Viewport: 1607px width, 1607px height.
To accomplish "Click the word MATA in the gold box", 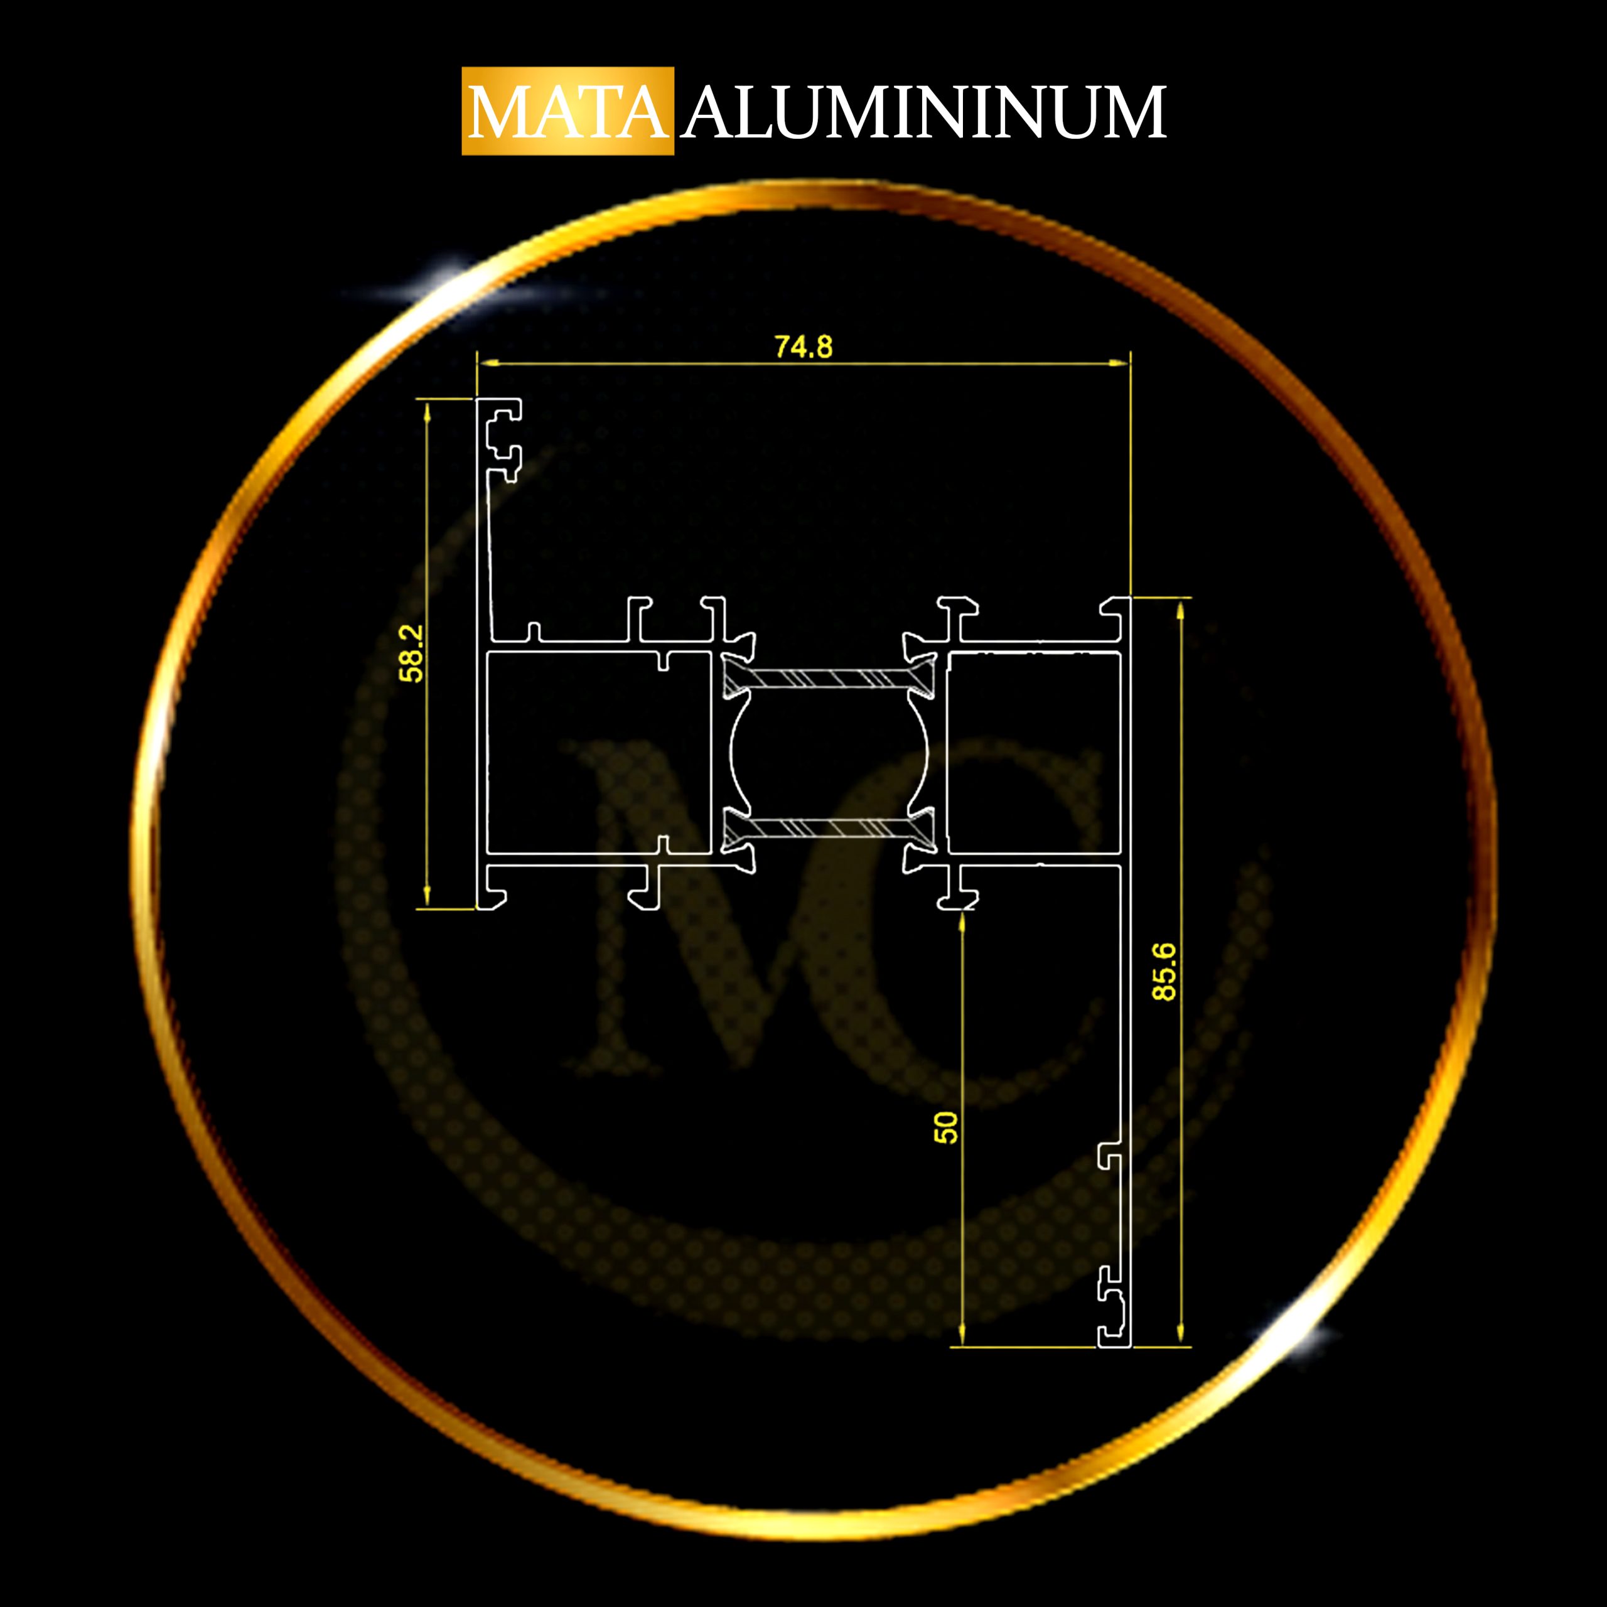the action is point(568,112).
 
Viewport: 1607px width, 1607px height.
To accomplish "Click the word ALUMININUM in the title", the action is point(924,112).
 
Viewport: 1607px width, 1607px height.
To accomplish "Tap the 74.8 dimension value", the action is point(803,347).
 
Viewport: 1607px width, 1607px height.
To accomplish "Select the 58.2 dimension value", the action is point(412,653).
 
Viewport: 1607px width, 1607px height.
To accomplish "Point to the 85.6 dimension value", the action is point(1164,972).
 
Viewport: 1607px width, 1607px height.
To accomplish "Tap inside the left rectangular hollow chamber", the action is point(598,753).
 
